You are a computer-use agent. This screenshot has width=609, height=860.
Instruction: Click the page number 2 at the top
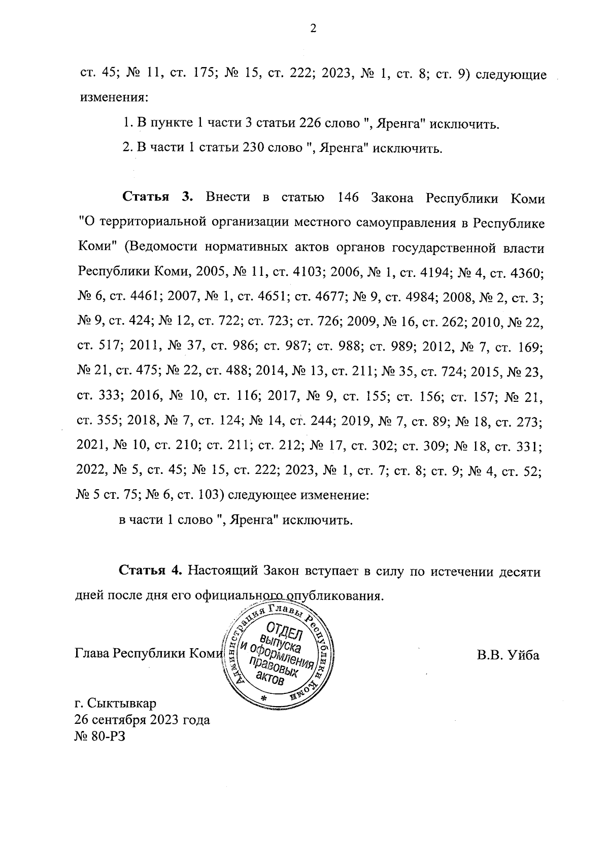pyautogui.click(x=313, y=29)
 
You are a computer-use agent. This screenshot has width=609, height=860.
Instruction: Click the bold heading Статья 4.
pyautogui.click(x=150, y=570)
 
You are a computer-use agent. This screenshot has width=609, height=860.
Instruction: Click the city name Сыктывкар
pyautogui.click(x=122, y=704)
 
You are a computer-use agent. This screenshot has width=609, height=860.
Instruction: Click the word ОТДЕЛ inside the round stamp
pyautogui.click(x=287, y=630)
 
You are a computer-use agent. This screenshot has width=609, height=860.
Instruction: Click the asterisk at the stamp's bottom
pyautogui.click(x=263, y=699)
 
